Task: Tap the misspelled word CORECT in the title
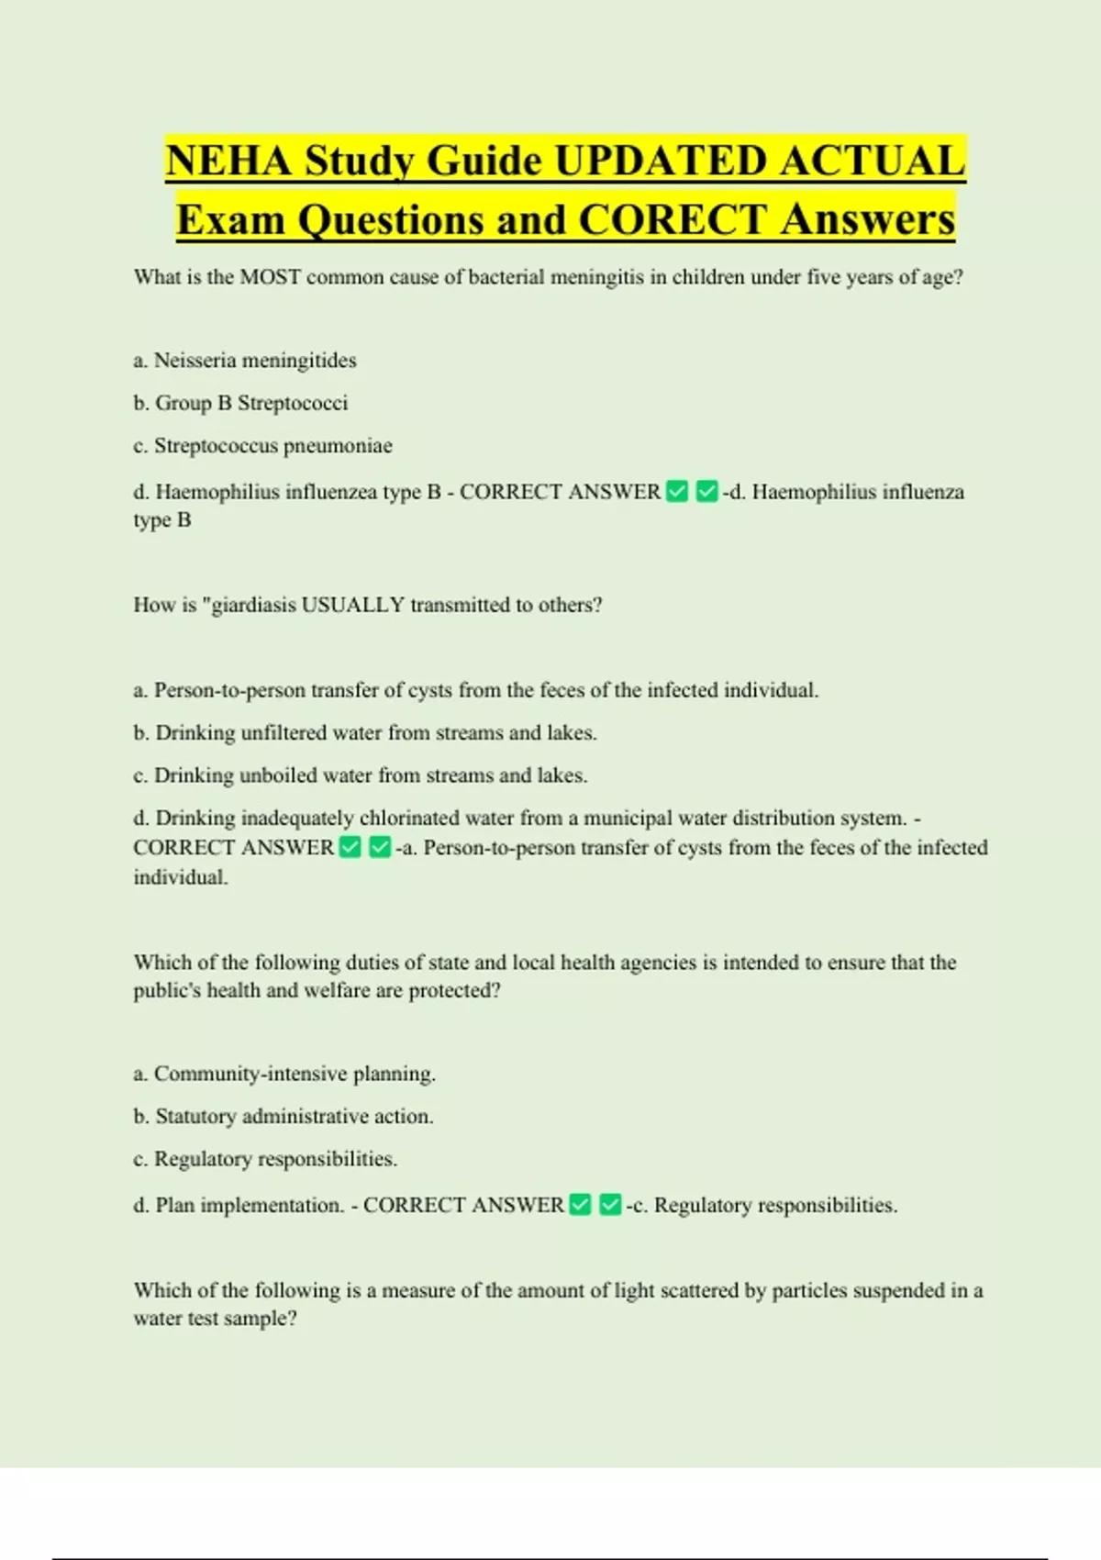pos(673,220)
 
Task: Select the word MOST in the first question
pos(271,277)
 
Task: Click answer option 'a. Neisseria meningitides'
pos(245,361)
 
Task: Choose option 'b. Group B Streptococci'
pos(240,403)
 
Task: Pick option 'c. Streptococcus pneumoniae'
pos(262,446)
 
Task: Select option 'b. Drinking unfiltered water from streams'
pos(364,733)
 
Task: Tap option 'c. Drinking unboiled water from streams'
pos(360,775)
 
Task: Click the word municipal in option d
pos(627,818)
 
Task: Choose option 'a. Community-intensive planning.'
pos(284,1074)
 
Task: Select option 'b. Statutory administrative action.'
pos(283,1116)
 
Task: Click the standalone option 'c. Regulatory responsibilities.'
pos(265,1159)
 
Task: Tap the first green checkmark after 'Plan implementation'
pos(580,1205)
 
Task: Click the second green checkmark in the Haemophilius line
pos(706,492)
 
